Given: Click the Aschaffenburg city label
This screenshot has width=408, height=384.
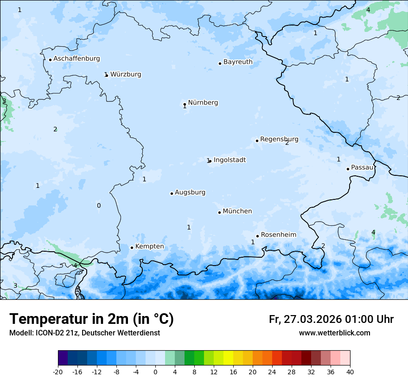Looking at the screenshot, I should pyautogui.click(x=76, y=59).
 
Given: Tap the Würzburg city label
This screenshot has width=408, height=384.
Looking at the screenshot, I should pyautogui.click(x=126, y=74).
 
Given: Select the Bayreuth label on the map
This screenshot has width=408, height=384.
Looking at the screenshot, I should pyautogui.click(x=238, y=62).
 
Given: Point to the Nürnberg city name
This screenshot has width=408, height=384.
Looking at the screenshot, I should pyautogui.click(x=203, y=103).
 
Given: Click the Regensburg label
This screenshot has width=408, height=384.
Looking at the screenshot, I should pyautogui.click(x=279, y=139).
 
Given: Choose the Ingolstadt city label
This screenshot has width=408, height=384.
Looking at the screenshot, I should pyautogui.click(x=229, y=160).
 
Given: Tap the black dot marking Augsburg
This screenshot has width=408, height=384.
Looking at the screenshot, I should pyautogui.click(x=172, y=193).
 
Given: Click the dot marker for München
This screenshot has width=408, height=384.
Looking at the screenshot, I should pyautogui.click(x=219, y=212).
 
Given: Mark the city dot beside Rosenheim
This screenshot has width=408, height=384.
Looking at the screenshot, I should pyautogui.click(x=257, y=236).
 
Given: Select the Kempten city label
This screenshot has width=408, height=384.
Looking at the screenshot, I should pyautogui.click(x=149, y=247).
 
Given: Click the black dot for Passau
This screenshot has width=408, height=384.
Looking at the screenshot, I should pyautogui.click(x=348, y=169).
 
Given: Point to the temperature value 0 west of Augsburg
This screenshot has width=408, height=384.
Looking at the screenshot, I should pyautogui.click(x=98, y=206).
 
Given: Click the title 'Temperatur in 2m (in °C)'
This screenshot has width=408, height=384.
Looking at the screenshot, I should pyautogui.click(x=91, y=319).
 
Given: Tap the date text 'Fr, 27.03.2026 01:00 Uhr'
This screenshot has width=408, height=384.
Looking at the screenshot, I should pyautogui.click(x=331, y=319).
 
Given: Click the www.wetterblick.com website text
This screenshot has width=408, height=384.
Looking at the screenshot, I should pyautogui.click(x=334, y=333).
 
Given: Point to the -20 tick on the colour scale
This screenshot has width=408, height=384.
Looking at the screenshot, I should pyautogui.click(x=58, y=372).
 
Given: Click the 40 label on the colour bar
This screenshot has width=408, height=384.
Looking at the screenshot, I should pyautogui.click(x=350, y=372).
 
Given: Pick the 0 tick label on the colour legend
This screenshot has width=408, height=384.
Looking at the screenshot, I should pyautogui.click(x=155, y=372).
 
